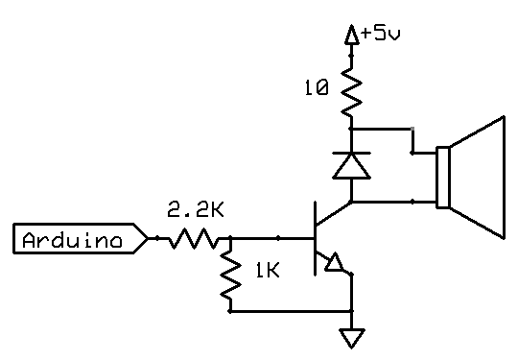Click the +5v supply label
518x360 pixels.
(382, 35)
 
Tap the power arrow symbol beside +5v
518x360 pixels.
(352, 35)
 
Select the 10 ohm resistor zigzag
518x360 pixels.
(352, 92)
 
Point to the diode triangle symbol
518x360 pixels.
(352, 166)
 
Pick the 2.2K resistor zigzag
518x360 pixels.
(196, 238)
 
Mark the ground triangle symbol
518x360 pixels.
(352, 338)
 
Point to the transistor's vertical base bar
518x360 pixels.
(315, 238)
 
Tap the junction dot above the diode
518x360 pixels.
(352, 128)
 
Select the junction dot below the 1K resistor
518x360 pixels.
(230, 311)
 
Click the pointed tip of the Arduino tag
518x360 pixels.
(146, 239)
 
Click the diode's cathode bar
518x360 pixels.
(352, 153)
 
